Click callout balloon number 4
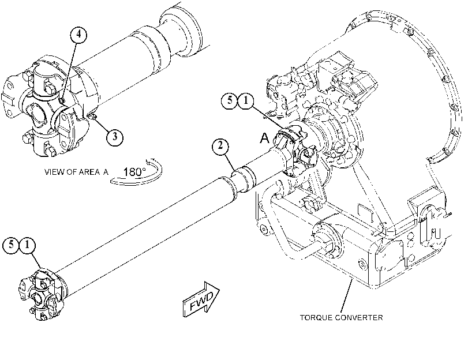[78, 35]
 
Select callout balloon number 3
[115, 137]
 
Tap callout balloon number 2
[220, 147]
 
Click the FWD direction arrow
[201, 299]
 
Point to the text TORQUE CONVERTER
[342, 318]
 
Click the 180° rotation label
[134, 172]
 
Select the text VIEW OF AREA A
[76, 172]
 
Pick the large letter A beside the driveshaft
[265, 138]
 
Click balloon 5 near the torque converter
[230, 100]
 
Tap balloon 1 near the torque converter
[246, 100]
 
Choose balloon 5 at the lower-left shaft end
[11, 245]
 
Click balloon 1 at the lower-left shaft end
[27, 245]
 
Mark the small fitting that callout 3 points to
[92, 116]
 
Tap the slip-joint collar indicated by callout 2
[245, 179]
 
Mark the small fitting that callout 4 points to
[62, 100]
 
